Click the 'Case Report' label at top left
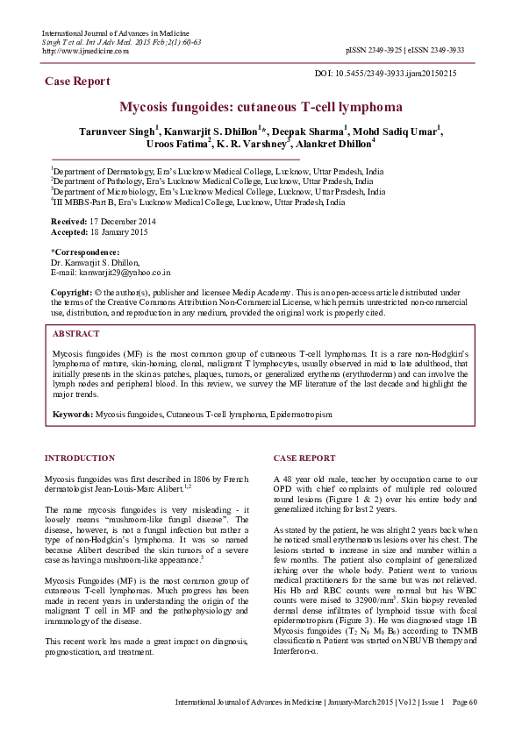tap(77, 82)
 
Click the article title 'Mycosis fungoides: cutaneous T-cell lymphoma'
tap(261, 107)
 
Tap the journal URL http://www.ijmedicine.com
tap(85, 51)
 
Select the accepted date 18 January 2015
tap(120, 233)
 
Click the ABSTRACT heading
tap(75, 334)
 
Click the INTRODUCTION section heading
tap(79, 458)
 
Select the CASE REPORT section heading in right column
tap(304, 458)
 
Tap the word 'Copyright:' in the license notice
tap(71, 291)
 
